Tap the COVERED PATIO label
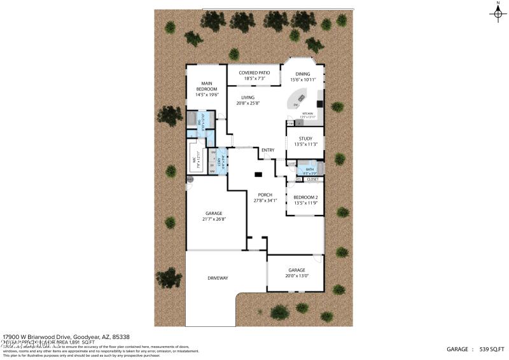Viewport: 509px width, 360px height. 254,73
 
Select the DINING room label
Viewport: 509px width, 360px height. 303,74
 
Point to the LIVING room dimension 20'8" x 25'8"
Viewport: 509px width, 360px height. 248,103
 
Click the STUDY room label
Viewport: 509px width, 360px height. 305,138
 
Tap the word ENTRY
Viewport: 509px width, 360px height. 268,150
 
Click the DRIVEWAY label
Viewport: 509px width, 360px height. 218,278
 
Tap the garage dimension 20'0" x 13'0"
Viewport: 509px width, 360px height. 296,275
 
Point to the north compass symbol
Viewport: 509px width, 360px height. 498,14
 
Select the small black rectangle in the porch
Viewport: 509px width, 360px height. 258,174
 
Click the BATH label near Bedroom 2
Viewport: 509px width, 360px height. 309,169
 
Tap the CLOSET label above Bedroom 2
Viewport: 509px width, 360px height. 312,179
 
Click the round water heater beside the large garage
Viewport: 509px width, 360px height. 190,180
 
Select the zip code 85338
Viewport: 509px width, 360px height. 139,336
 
